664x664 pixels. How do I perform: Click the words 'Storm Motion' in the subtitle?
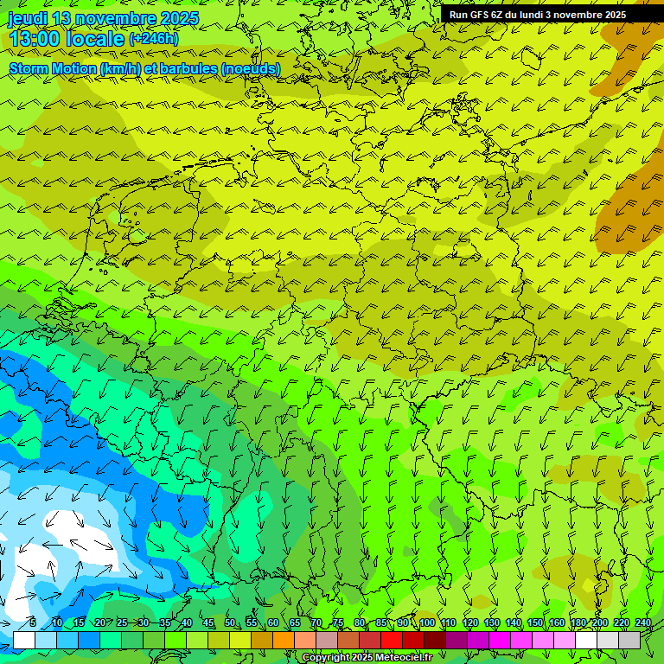point(52,68)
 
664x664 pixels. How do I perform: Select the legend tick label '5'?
point(33,622)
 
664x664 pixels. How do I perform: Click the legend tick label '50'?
point(229,622)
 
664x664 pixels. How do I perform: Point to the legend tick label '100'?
point(427,622)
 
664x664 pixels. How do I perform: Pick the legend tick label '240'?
point(643,622)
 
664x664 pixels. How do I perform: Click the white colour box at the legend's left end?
point(24,640)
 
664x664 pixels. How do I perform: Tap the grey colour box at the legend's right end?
point(629,640)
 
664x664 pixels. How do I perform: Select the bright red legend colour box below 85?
point(392,640)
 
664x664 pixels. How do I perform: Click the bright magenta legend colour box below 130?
point(500,640)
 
